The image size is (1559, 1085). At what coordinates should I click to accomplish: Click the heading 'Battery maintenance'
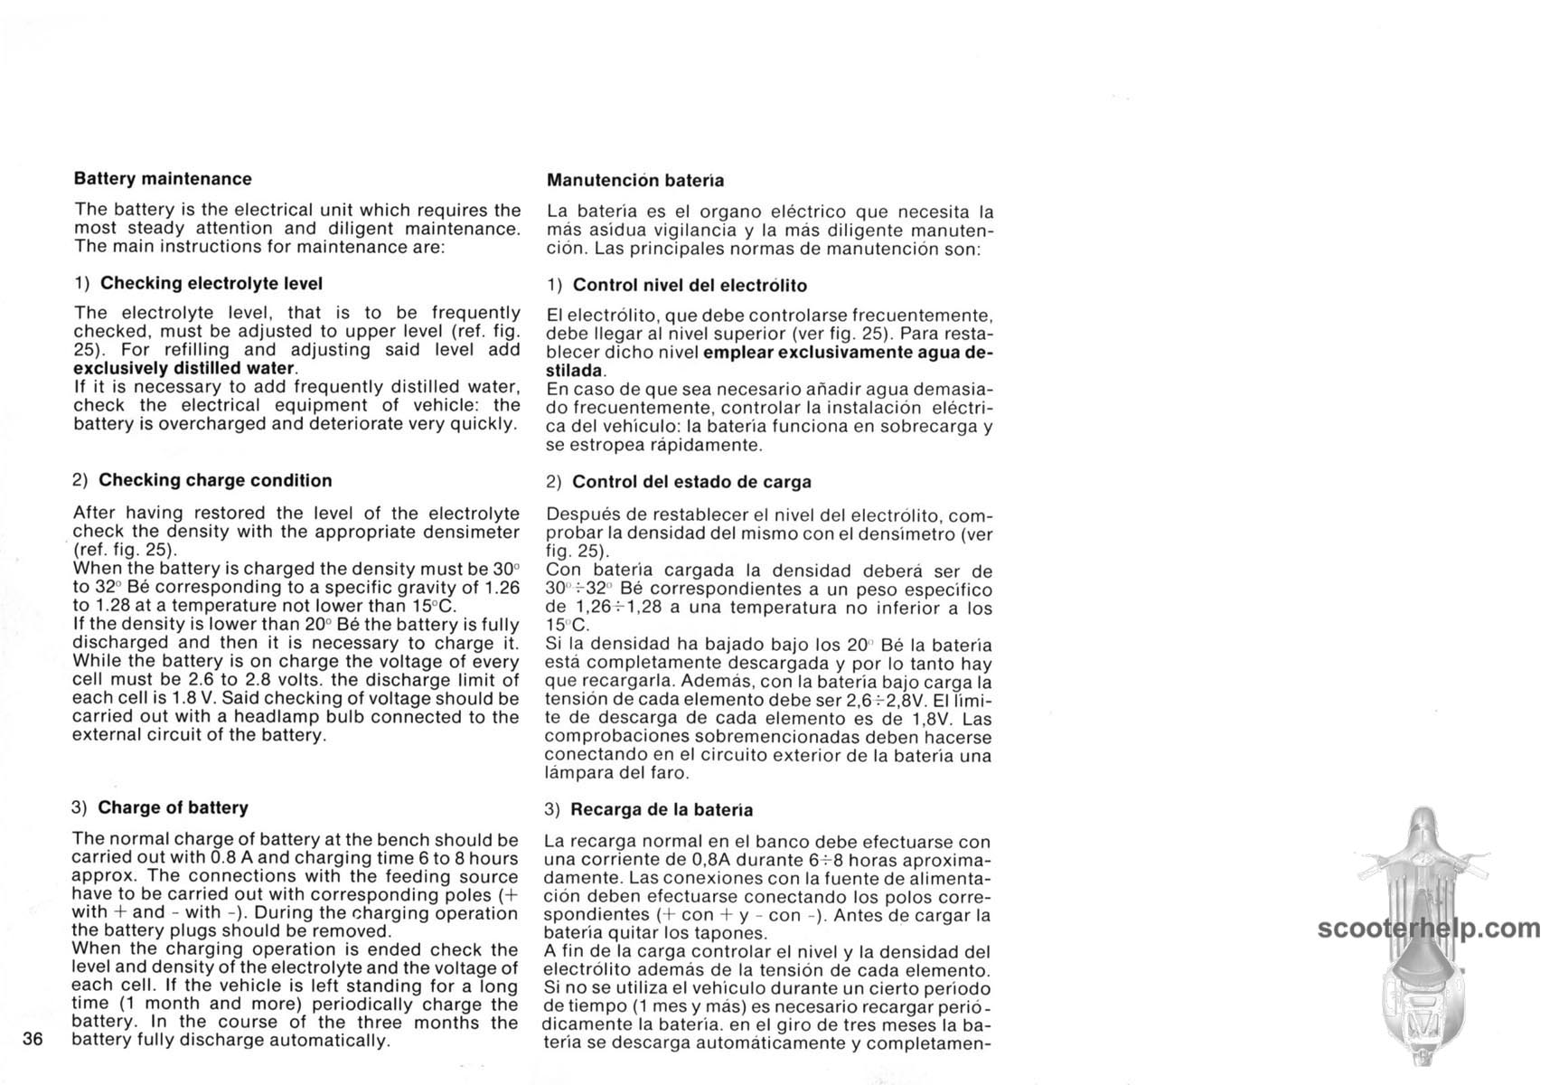point(163,179)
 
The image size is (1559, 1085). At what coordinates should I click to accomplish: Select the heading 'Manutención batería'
point(635,181)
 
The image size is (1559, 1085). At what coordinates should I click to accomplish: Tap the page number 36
point(33,1039)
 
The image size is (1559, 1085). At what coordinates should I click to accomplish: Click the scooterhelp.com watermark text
point(1429,929)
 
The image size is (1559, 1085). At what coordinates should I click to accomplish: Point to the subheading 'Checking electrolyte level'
point(211,283)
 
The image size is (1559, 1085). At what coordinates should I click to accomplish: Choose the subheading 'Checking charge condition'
point(215,480)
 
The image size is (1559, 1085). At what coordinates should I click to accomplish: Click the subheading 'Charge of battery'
point(173,807)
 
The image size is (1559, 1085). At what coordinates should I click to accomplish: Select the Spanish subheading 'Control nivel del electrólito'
point(690,286)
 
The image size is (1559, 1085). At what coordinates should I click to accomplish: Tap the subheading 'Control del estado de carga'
point(691,482)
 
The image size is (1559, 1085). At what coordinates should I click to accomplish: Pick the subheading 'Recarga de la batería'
point(662,809)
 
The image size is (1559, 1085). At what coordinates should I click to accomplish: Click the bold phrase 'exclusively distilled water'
point(183,368)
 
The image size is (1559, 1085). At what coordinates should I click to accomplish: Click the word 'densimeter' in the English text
point(474,532)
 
